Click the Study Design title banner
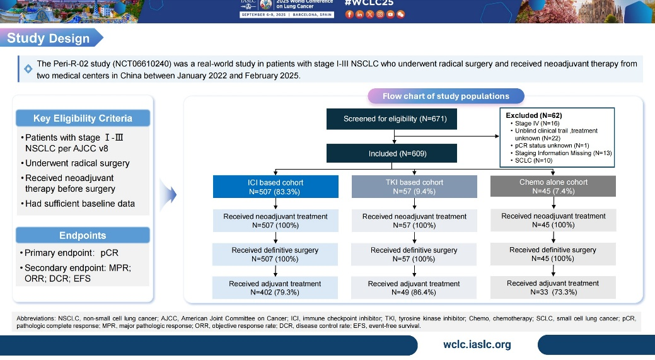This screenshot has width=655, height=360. (49, 38)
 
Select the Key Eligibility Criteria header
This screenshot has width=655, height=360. (83, 119)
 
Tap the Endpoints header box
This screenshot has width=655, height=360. (83, 235)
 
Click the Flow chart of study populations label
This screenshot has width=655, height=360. (446, 96)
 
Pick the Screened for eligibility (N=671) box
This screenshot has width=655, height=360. (395, 119)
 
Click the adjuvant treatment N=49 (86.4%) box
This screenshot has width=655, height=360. (414, 287)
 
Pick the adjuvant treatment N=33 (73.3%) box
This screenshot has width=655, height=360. (553, 287)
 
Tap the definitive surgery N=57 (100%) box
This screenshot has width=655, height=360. (414, 254)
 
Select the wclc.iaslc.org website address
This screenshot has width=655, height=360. (477, 345)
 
